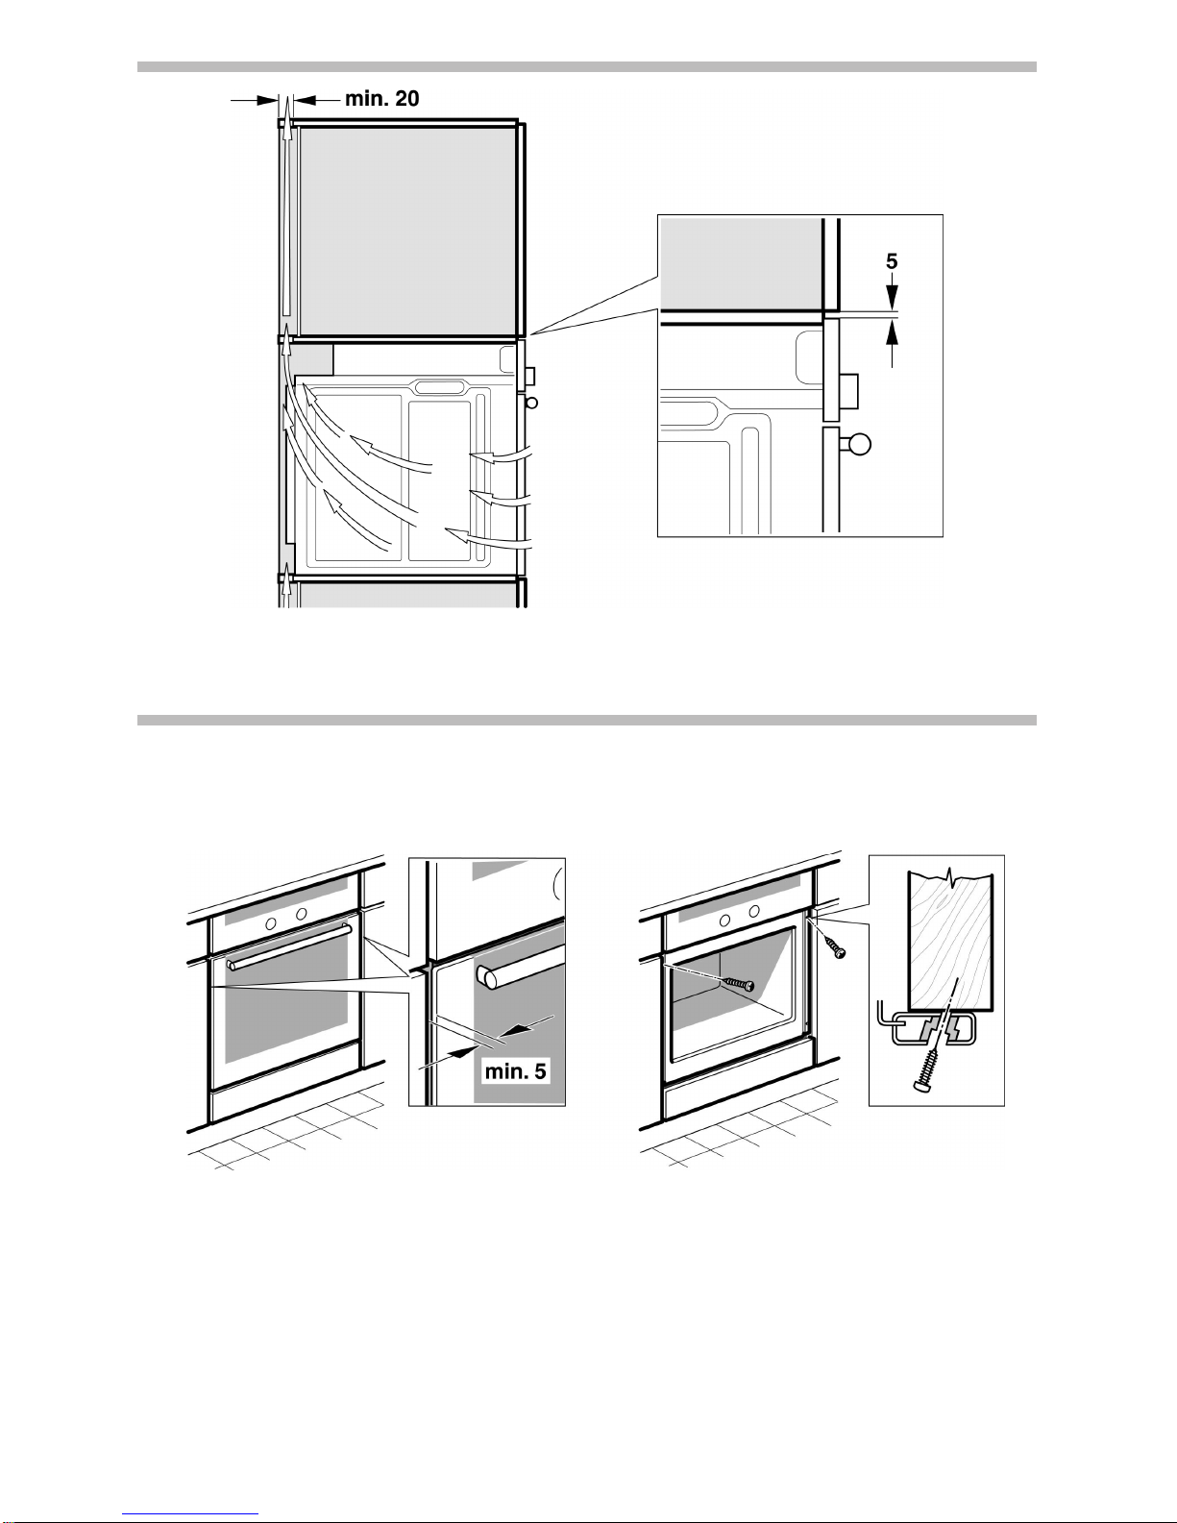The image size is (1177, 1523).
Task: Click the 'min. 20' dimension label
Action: click(x=381, y=98)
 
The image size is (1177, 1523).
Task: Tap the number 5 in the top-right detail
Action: click(x=892, y=261)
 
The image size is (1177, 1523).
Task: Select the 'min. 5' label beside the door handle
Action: click(x=515, y=1071)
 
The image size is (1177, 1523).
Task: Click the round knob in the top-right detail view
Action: click(x=860, y=444)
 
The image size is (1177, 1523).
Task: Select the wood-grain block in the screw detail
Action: click(x=950, y=940)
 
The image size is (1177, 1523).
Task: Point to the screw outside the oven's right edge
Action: click(x=834, y=946)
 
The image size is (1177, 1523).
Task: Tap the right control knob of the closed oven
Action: click(x=302, y=914)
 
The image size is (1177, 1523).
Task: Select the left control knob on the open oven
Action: click(x=724, y=921)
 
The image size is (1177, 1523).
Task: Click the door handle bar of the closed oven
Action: click(x=288, y=946)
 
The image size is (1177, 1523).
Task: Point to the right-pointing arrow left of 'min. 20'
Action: click(x=254, y=100)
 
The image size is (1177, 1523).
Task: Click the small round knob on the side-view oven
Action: click(x=531, y=403)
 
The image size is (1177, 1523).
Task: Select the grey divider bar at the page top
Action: click(x=586, y=66)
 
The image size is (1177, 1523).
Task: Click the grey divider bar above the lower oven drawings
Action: click(x=586, y=720)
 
